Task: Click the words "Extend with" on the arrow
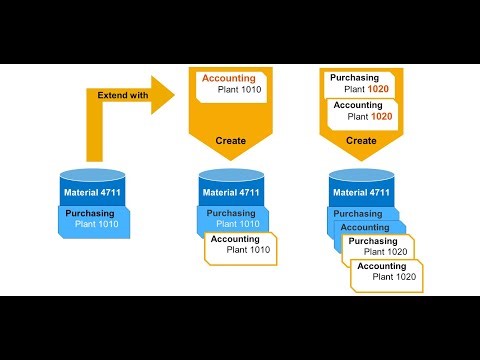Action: (125, 95)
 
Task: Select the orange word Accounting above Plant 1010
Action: (229, 78)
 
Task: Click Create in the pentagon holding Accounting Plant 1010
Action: (231, 141)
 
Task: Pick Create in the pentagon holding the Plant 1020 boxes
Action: (361, 141)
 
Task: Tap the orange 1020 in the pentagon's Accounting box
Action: (383, 117)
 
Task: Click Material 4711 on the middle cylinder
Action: (231, 191)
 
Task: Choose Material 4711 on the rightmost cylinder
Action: (361, 191)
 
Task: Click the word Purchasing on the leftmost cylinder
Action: (90, 213)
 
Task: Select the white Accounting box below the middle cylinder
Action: (240, 245)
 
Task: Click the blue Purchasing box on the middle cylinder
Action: (232, 218)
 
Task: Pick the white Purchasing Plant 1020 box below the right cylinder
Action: (379, 247)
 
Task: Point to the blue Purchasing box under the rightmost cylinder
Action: (357, 213)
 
